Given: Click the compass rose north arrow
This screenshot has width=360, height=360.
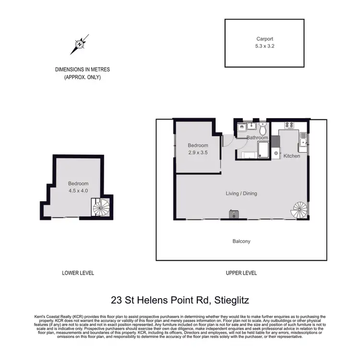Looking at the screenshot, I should (x=79, y=44).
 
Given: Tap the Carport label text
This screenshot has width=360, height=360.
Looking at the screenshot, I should (x=264, y=39).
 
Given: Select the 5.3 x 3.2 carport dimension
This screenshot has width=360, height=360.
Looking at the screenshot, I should (x=264, y=47).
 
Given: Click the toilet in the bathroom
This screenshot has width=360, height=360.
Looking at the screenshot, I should (x=263, y=129).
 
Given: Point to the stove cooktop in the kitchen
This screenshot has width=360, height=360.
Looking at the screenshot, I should (x=289, y=126).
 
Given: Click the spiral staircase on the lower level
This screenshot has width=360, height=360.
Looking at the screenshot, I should (x=101, y=207).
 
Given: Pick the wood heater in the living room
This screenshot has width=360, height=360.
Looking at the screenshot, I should (x=234, y=214).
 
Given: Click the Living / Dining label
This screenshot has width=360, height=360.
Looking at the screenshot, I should (x=241, y=194).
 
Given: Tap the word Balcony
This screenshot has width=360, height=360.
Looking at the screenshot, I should (x=241, y=241).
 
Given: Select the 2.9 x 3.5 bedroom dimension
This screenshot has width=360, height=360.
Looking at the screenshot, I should (x=198, y=153).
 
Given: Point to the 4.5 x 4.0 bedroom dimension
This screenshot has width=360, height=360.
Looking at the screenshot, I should (x=78, y=191).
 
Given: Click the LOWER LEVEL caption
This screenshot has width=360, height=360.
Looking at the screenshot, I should (x=78, y=273).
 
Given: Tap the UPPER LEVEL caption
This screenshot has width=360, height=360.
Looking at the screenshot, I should (x=241, y=273).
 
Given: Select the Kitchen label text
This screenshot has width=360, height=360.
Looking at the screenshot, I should (x=292, y=156).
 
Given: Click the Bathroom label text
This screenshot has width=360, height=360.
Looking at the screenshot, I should (x=257, y=138).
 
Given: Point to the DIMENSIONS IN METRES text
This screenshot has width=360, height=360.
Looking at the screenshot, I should (x=78, y=70).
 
